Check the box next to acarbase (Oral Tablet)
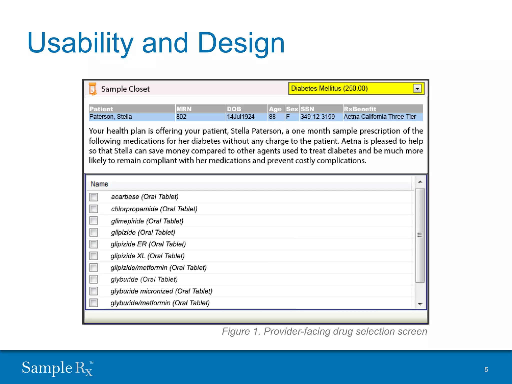pyautogui.click(x=93, y=197)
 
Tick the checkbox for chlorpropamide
pyautogui.click(x=93, y=209)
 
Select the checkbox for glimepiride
pyautogui.click(x=93, y=221)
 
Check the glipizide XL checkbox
pyautogui.click(x=93, y=256)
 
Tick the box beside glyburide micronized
pyautogui.click(x=93, y=291)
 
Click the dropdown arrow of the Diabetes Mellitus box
pyautogui.click(x=417, y=88)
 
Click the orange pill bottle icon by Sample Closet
pyautogui.click(x=92, y=89)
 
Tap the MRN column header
pyautogui.click(x=184, y=109)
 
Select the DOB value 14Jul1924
pyautogui.click(x=240, y=117)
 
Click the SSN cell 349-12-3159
pyautogui.click(x=317, y=117)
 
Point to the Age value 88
pyautogui.click(x=272, y=117)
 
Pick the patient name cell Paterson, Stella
pyautogui.click(x=110, y=117)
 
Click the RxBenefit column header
pyautogui.click(x=360, y=109)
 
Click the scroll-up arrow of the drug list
pyautogui.click(x=420, y=182)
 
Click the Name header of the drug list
pyautogui.click(x=99, y=184)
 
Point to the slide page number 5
pyautogui.click(x=486, y=369)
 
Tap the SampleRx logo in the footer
pyautogui.click(x=57, y=368)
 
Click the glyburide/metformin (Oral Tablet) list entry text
pyautogui.click(x=160, y=303)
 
